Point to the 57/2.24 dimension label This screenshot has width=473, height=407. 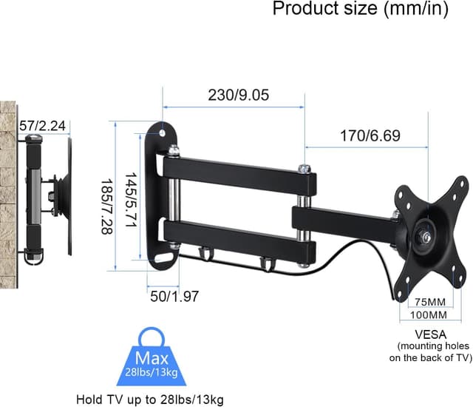pyautogui.click(x=42, y=127)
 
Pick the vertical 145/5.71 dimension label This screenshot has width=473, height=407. pyautogui.click(x=132, y=193)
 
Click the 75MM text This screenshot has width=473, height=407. pyautogui.click(x=429, y=302)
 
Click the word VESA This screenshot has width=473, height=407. pyautogui.click(x=431, y=334)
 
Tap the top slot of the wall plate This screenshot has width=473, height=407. pyautogui.click(x=163, y=131)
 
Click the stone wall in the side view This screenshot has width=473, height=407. pyautogui.click(x=9, y=192)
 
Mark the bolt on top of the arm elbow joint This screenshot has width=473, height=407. pyautogui.click(x=302, y=169)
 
